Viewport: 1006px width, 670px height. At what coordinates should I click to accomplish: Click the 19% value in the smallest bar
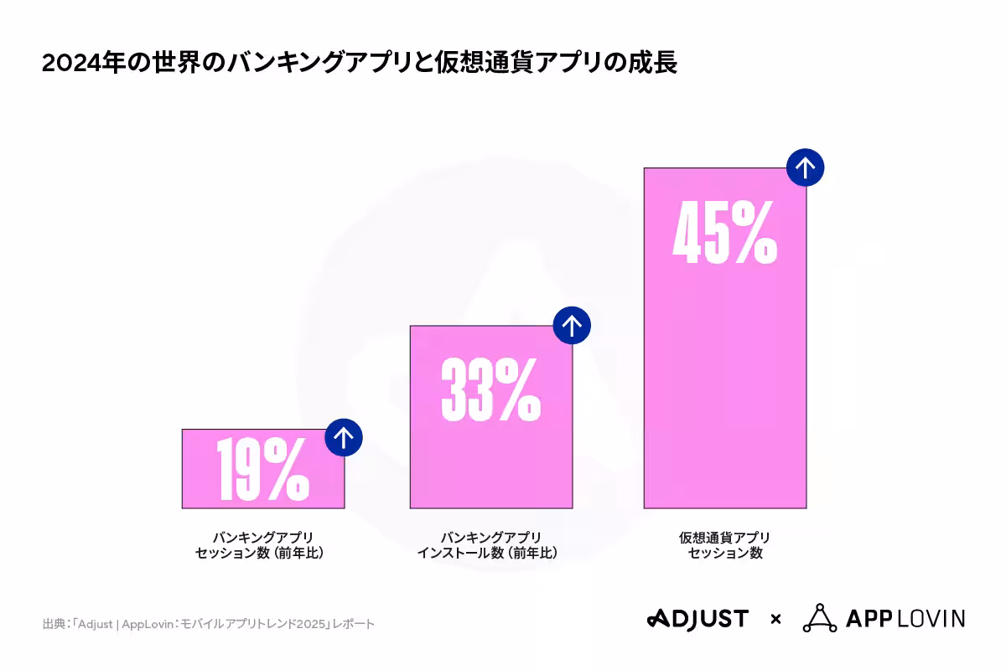(262, 470)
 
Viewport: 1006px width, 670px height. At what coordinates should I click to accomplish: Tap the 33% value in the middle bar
(490, 389)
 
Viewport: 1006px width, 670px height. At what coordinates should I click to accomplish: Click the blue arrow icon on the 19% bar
(344, 437)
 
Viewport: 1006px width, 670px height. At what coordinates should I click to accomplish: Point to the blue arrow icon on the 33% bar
(572, 325)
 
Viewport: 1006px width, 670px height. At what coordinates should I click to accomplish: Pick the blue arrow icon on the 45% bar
(806, 167)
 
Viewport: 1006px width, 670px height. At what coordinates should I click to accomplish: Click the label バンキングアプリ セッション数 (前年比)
(262, 545)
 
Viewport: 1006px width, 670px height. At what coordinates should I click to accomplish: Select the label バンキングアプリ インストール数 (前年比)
(490, 545)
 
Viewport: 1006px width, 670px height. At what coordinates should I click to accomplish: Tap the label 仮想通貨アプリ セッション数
(724, 545)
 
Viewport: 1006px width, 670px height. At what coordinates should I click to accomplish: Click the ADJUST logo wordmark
(697, 619)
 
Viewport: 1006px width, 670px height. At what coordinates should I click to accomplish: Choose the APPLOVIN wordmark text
(905, 619)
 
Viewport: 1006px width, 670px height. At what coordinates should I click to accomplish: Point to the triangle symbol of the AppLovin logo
(819, 618)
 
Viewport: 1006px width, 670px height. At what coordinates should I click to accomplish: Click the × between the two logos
(776, 620)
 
